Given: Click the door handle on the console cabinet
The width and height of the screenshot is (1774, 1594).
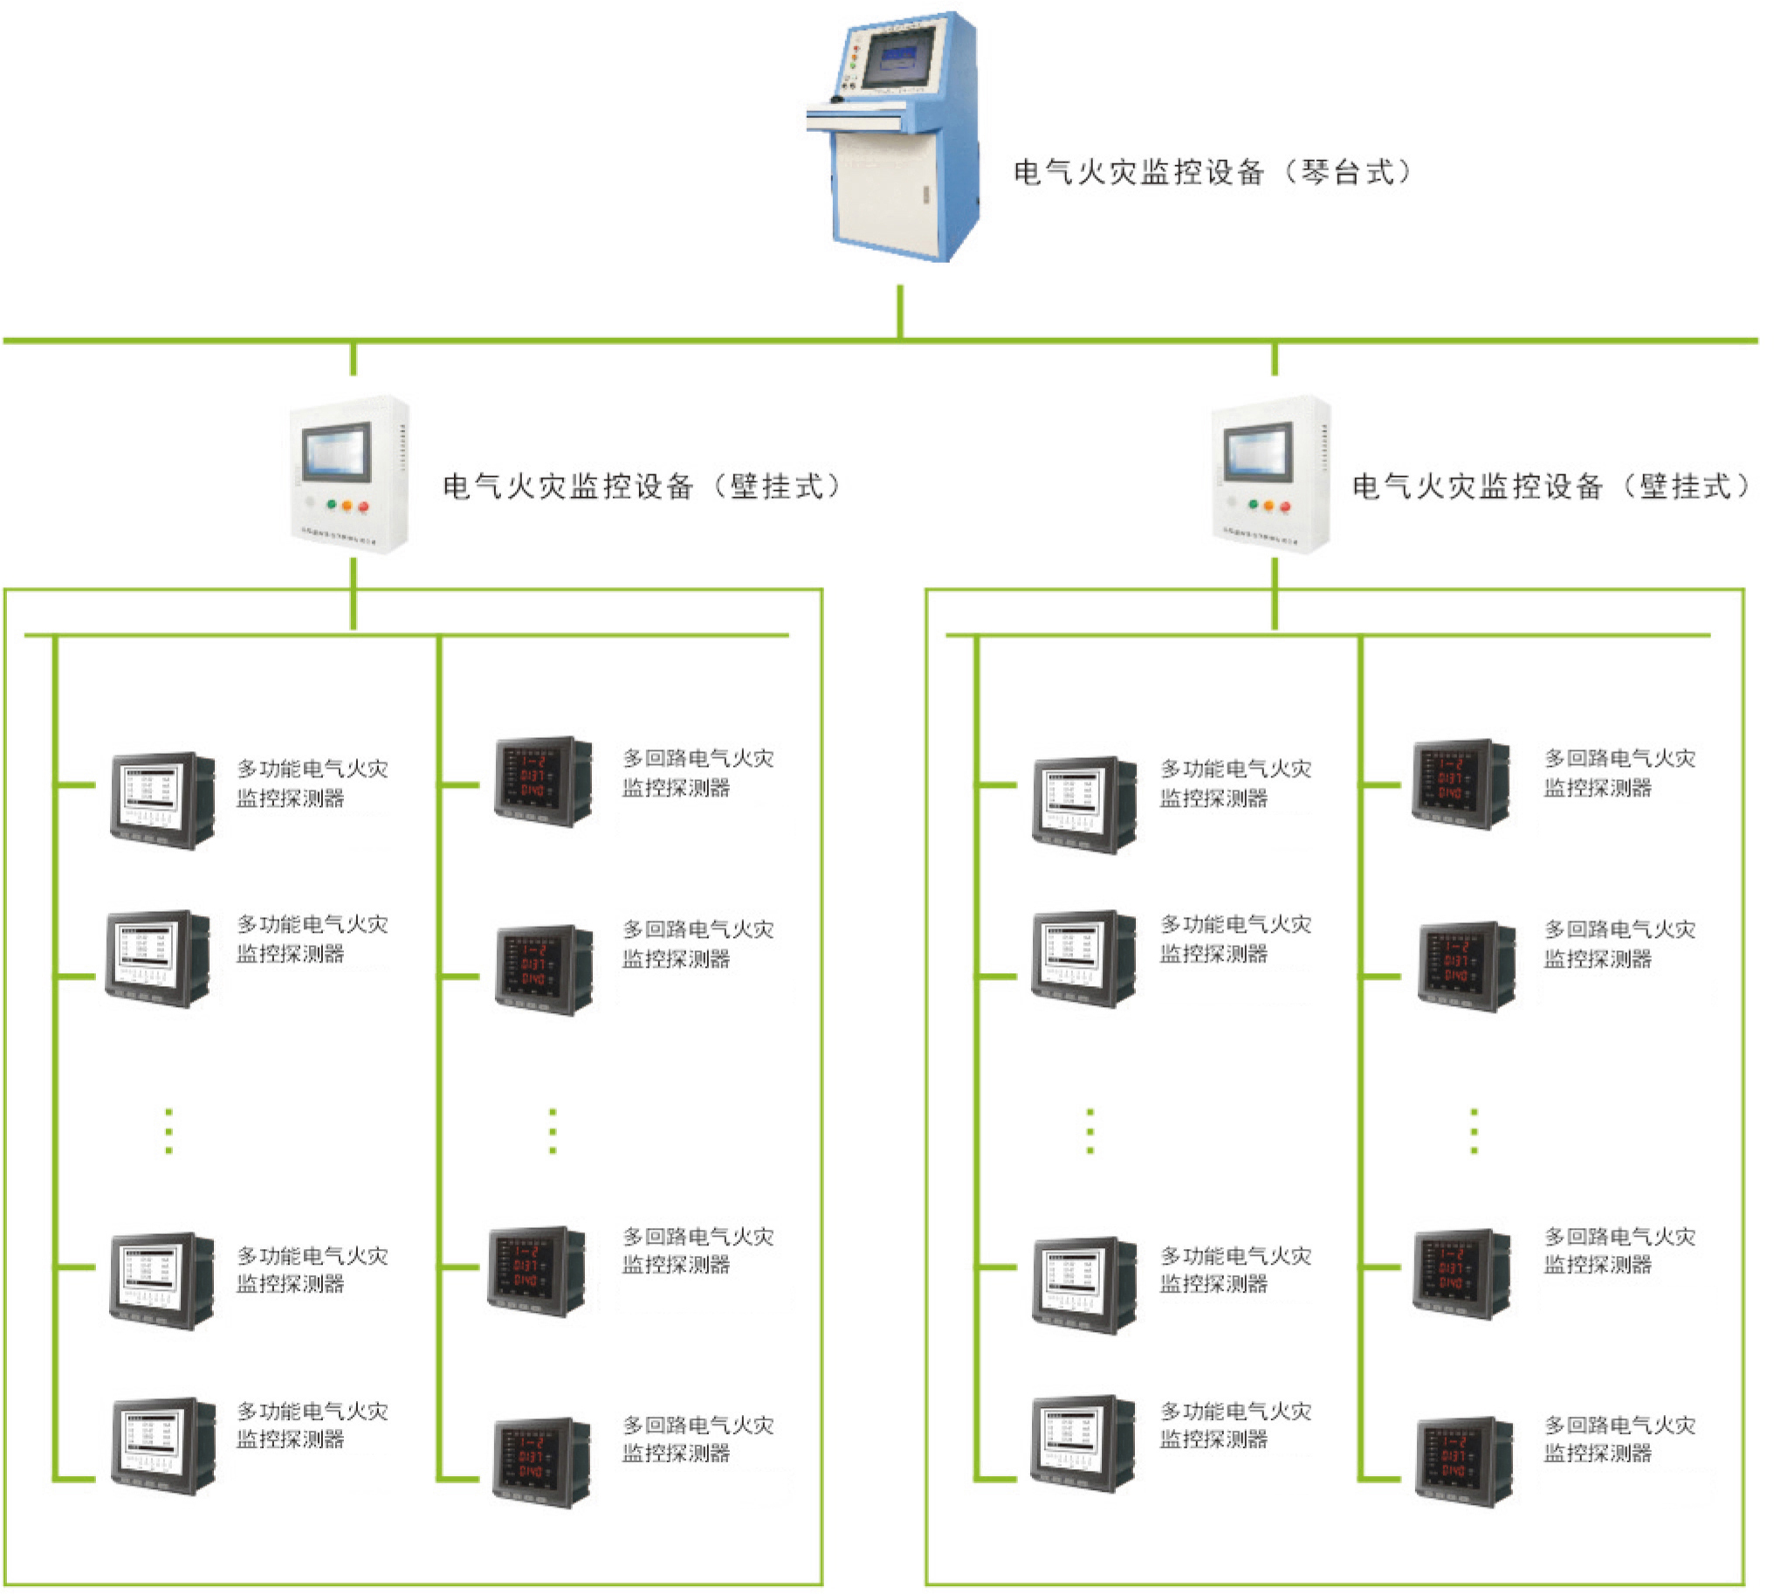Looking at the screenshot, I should tap(925, 195).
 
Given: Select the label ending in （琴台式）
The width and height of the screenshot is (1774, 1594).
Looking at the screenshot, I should tap(1212, 172).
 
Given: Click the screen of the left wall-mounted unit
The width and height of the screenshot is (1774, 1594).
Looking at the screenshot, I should tap(337, 450).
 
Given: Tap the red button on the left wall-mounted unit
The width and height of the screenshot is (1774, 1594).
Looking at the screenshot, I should tap(363, 507).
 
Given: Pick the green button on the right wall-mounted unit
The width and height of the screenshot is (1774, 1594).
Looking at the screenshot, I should tap(1253, 505).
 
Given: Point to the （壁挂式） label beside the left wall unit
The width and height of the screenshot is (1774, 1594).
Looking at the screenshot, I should tap(641, 486).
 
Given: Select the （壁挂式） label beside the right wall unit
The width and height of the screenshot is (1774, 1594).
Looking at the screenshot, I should tap(1550, 486).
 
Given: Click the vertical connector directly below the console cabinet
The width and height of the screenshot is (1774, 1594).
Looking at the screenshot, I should tap(900, 312).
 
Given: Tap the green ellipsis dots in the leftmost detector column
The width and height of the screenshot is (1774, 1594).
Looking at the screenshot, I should tap(169, 1131).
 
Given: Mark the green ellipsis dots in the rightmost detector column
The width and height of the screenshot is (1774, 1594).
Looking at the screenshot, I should tap(1475, 1131).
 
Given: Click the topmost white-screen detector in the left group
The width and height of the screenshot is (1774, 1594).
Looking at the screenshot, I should tap(163, 800).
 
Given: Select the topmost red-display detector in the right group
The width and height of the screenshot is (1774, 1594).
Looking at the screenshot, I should tap(1461, 783).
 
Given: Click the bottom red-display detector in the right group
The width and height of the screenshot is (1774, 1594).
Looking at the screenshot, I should tap(1464, 1461).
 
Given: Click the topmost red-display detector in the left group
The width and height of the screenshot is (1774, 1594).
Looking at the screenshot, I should tap(543, 781).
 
